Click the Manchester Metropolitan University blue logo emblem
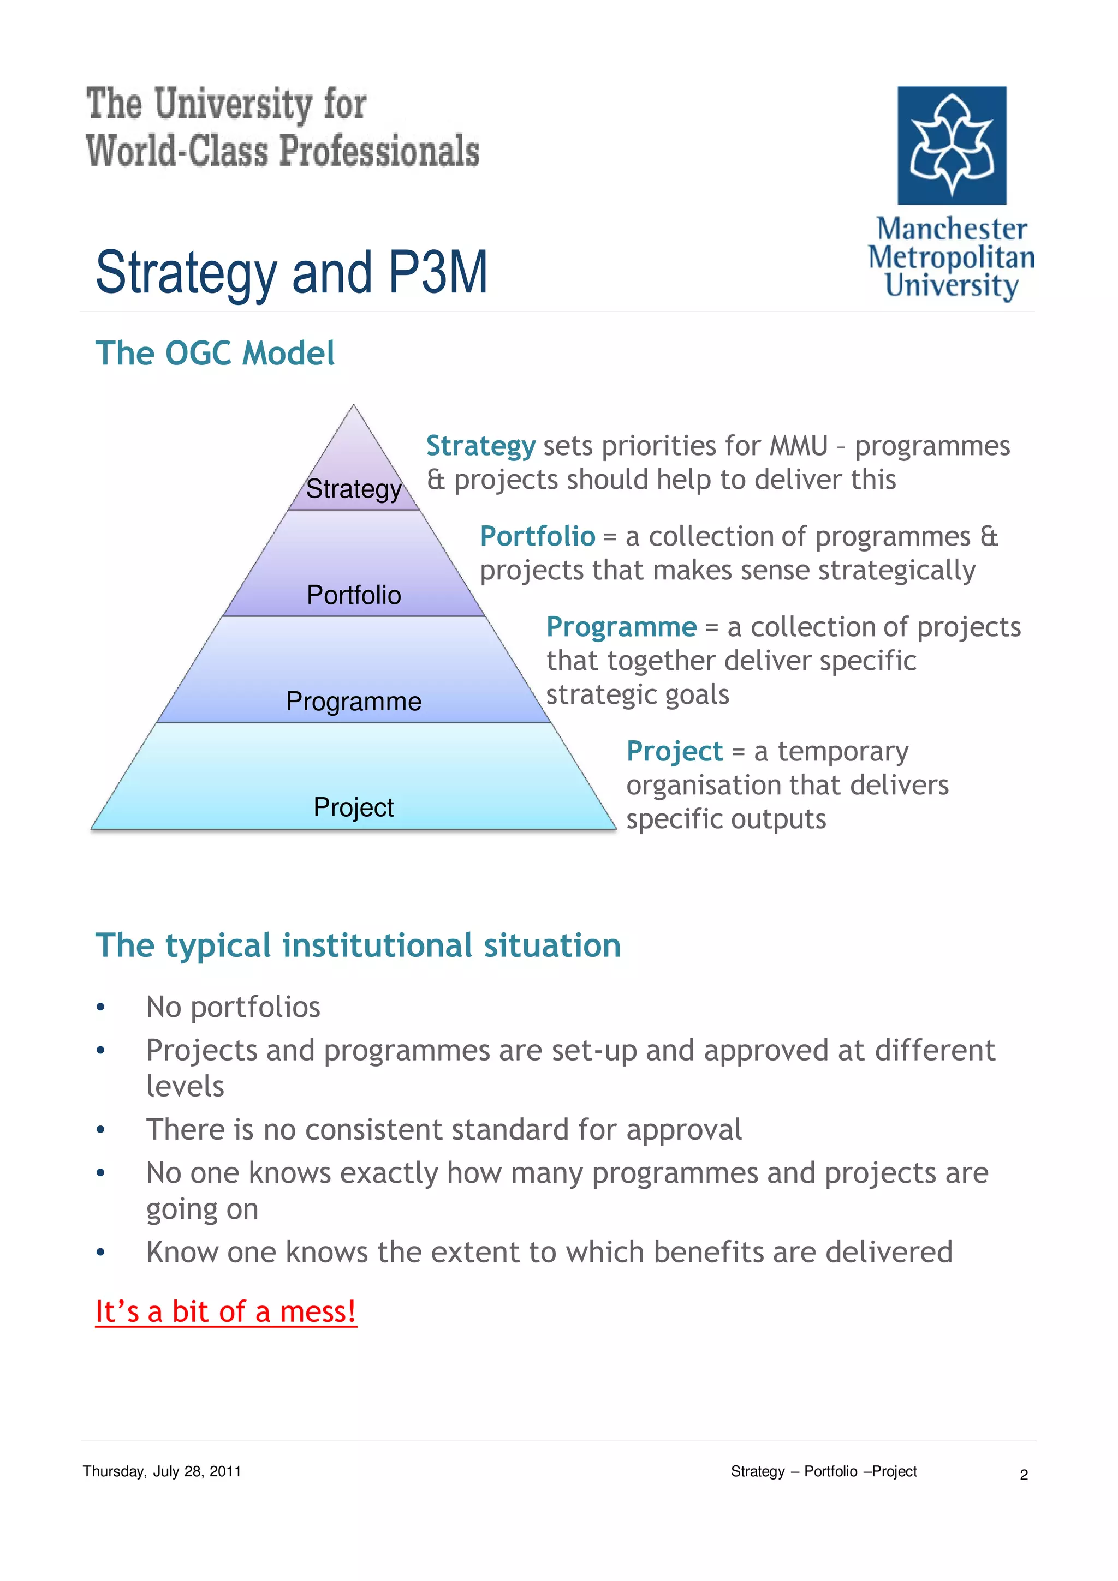tap(952, 145)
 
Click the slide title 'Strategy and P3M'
tap(292, 273)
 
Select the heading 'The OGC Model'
tap(215, 354)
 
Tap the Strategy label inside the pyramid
tap(353, 489)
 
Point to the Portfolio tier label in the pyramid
tap(353, 595)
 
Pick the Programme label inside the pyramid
tap(353, 702)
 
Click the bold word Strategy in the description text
tap(480, 446)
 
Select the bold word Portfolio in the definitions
tap(537, 536)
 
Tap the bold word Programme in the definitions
tap(621, 627)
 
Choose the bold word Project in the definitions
tap(674, 751)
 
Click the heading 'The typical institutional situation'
tap(358, 945)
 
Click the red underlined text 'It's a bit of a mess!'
tap(226, 1311)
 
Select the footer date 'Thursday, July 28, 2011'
tap(162, 1471)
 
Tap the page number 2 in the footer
tap(1024, 1475)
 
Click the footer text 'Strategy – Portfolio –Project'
tap(823, 1471)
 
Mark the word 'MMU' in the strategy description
tap(798, 446)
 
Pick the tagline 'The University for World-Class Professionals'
tap(282, 128)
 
